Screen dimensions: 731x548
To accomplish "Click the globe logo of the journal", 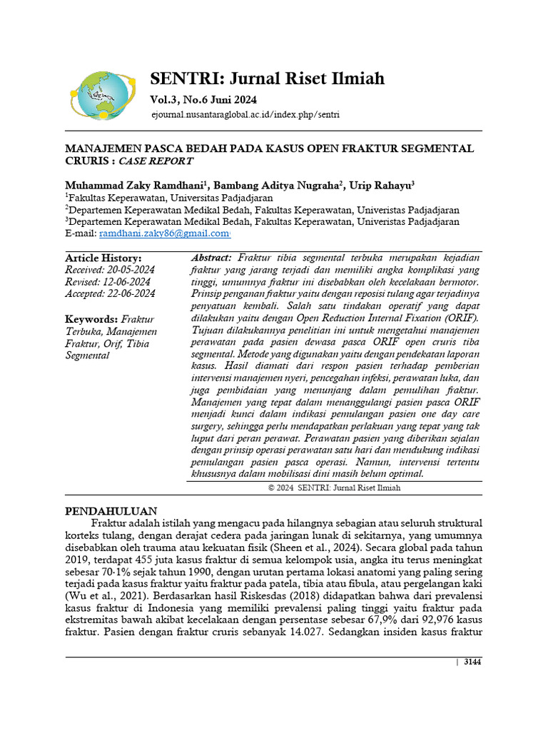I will point(102,94).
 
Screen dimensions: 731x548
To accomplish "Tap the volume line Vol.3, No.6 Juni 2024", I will point(203,99).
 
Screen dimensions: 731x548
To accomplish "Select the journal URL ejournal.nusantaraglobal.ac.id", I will point(245,114).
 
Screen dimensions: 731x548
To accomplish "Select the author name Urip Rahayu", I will point(381,185).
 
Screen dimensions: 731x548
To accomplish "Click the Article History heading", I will point(103,258).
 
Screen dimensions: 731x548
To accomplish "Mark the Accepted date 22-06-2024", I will point(111,293).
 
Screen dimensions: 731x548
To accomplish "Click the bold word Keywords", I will point(91,319).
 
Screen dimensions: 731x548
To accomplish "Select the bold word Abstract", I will point(211,258).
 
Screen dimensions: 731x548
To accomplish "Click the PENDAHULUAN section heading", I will point(111,512).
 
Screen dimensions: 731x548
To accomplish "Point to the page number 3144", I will point(472,662).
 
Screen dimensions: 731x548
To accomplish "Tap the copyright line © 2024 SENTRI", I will point(334,488).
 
